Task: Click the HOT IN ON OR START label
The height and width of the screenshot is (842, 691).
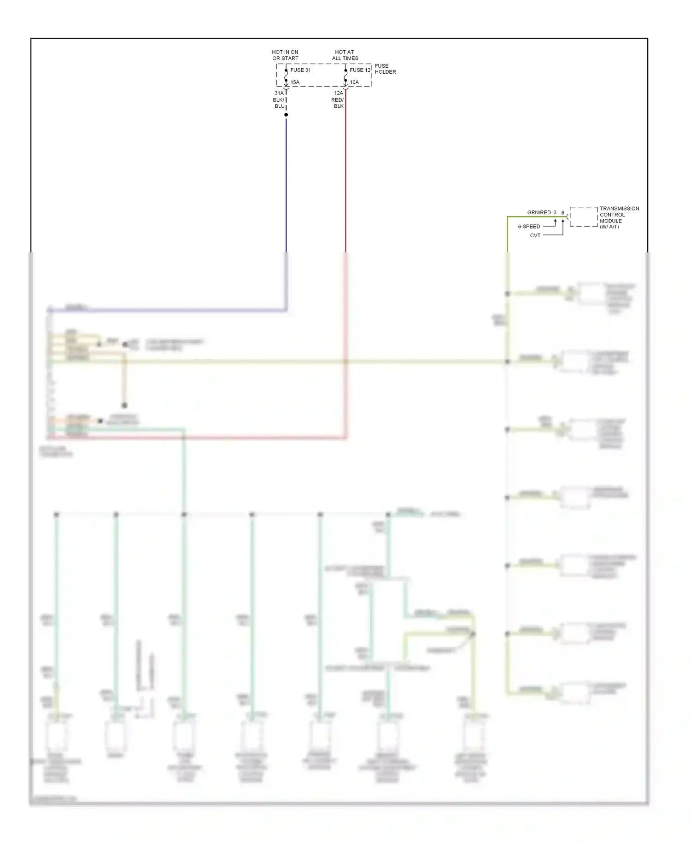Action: [285, 55]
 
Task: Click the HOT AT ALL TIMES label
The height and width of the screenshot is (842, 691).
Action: [345, 55]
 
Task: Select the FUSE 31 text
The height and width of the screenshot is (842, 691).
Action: [300, 70]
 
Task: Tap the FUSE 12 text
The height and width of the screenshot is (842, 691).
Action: [360, 70]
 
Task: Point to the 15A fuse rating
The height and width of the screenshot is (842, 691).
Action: [295, 82]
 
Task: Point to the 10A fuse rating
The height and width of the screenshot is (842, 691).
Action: [354, 82]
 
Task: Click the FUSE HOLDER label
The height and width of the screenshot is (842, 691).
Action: [385, 69]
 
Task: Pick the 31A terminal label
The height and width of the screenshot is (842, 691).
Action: [279, 93]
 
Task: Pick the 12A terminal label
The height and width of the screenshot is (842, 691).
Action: [339, 93]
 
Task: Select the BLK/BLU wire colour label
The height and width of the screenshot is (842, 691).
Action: [279, 103]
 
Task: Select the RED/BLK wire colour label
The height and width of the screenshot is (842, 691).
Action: [338, 103]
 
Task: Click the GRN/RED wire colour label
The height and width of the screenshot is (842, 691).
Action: [539, 212]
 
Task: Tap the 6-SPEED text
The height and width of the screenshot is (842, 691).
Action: [529, 227]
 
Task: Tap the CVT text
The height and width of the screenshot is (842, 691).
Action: [535, 235]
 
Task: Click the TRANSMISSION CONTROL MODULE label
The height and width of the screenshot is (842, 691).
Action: [619, 217]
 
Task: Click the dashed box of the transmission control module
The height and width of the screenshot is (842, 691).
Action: [583, 216]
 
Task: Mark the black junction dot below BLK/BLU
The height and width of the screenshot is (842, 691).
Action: [286, 115]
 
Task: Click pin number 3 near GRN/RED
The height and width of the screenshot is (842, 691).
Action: [555, 212]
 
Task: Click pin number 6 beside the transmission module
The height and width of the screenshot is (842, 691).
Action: [562, 212]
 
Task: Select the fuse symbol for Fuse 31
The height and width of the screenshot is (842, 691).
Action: [286, 76]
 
